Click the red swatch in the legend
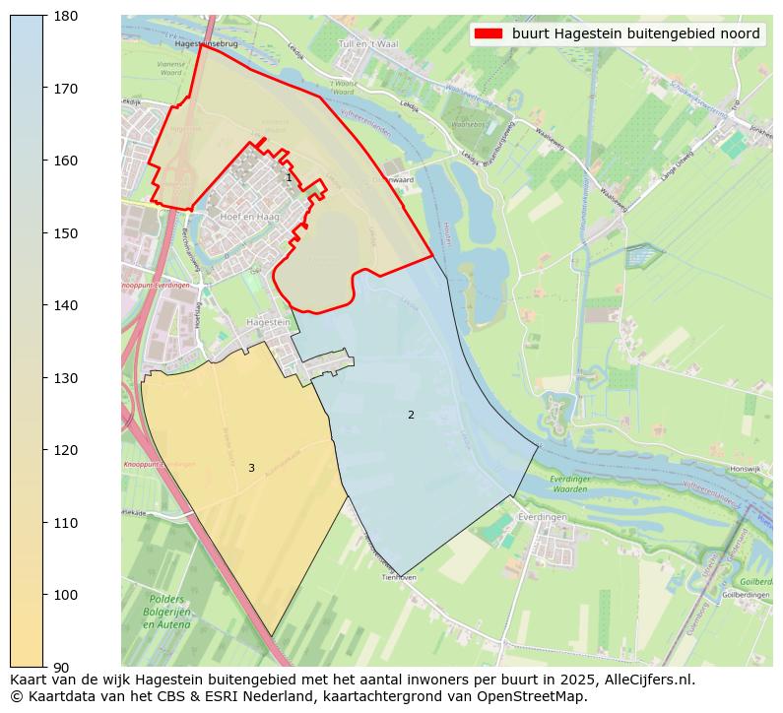click(488, 33)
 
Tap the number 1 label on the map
click(289, 178)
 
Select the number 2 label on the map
click(411, 415)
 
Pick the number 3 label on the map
click(251, 468)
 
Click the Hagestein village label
click(268, 322)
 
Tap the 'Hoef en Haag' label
click(250, 217)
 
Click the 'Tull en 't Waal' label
click(367, 44)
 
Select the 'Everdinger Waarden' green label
click(569, 484)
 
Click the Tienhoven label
click(400, 578)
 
